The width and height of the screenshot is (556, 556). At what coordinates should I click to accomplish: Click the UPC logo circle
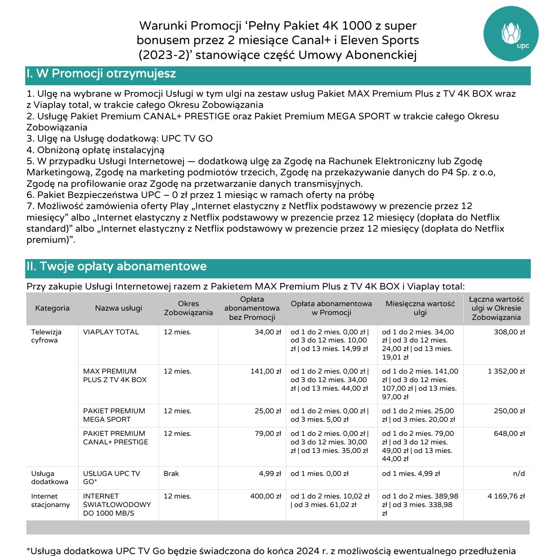511,34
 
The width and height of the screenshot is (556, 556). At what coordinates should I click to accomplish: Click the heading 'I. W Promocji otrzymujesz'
101,74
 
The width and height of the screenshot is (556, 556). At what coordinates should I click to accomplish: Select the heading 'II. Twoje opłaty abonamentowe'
116,267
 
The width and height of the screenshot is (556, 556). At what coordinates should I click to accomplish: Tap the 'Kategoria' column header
52,308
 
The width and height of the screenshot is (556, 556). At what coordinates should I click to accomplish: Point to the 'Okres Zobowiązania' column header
188,308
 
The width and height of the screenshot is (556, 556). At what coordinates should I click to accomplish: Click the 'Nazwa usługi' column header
119,308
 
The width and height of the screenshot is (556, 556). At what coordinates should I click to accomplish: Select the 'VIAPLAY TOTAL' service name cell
111,332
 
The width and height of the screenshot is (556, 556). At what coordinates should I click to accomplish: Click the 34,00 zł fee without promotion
268,332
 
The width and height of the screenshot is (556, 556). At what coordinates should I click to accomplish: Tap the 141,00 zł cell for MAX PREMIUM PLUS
265,371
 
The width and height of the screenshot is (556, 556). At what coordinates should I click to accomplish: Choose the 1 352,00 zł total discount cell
506,371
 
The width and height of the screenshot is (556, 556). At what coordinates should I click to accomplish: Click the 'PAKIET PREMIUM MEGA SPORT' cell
114,415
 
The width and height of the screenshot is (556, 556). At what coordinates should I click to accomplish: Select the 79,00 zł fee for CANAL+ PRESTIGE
268,434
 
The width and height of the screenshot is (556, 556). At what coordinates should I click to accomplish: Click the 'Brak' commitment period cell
171,474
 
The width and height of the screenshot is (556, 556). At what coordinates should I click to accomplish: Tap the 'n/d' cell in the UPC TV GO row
519,474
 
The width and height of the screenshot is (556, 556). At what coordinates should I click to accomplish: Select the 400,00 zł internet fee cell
265,496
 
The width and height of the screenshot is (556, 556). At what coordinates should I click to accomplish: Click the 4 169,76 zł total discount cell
506,496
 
